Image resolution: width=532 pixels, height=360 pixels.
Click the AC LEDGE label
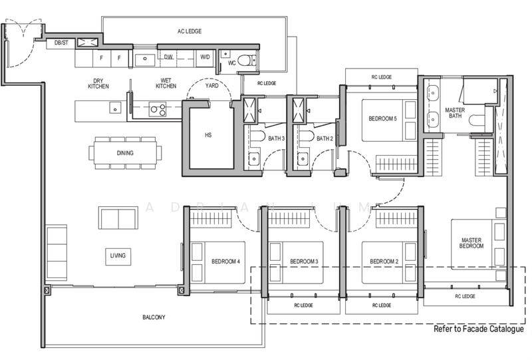190,31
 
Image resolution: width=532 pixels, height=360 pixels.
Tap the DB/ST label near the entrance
61,43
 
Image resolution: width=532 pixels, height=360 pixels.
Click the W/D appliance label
205,57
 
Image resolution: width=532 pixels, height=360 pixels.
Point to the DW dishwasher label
168,57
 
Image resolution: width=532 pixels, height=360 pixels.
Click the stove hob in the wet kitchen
158,109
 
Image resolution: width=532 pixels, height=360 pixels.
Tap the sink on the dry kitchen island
115,107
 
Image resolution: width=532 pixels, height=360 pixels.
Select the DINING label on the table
125,153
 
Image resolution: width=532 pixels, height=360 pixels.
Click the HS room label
208,135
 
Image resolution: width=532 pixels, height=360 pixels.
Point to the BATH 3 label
276,138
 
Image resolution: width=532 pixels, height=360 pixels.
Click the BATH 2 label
325,138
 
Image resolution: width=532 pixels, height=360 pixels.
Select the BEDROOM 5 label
382,118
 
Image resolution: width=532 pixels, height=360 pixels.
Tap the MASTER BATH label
455,112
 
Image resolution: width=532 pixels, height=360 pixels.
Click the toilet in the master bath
477,120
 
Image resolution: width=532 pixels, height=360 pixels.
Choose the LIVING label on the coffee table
118,256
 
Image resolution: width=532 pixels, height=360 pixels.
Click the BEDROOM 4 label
225,262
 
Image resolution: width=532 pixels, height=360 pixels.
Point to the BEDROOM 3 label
304,262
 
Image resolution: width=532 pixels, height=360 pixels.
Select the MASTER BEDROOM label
471,243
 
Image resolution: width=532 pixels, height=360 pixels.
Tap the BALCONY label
154,317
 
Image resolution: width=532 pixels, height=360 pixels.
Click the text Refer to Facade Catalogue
479,329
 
